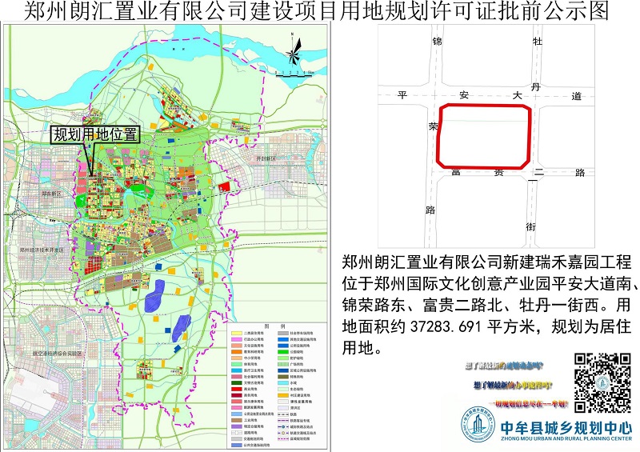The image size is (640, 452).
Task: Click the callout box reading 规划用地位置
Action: coord(95,134)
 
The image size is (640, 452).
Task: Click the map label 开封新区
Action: coord(265,159)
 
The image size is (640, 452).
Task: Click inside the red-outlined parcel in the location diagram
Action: coord(484,134)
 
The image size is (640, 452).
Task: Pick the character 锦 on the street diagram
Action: coord(437,41)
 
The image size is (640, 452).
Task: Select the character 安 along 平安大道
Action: coord(463,95)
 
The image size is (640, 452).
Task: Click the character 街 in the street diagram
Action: coord(530,227)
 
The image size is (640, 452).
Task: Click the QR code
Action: coord(602,381)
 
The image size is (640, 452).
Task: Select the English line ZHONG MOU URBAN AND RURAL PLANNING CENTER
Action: coord(564,438)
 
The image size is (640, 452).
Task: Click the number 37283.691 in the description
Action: coord(453,327)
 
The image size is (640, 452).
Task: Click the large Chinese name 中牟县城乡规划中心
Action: coord(564,426)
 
